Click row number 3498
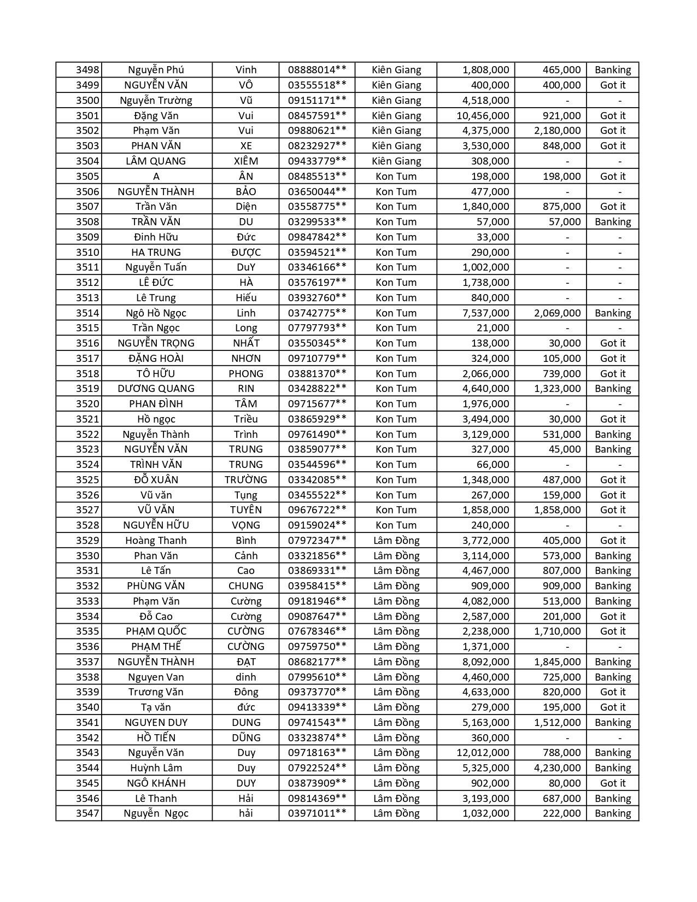[x=87, y=70]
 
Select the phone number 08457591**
[x=317, y=115]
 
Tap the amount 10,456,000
[x=483, y=115]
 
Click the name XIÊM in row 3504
[x=245, y=161]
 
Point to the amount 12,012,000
[x=483, y=753]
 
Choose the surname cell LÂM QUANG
[x=156, y=161]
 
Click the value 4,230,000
[x=557, y=768]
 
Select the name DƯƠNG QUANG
[x=156, y=389]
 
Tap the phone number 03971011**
[x=317, y=813]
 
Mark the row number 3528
[x=87, y=525]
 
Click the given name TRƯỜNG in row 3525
[x=245, y=479]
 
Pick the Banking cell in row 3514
[x=613, y=313]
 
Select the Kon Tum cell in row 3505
[x=396, y=176]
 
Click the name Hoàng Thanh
[x=156, y=540]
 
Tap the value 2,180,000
[x=557, y=131]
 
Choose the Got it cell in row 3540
[x=613, y=707]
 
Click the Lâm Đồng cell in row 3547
[x=396, y=813]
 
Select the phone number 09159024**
[x=317, y=525]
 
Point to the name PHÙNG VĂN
[x=156, y=585]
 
